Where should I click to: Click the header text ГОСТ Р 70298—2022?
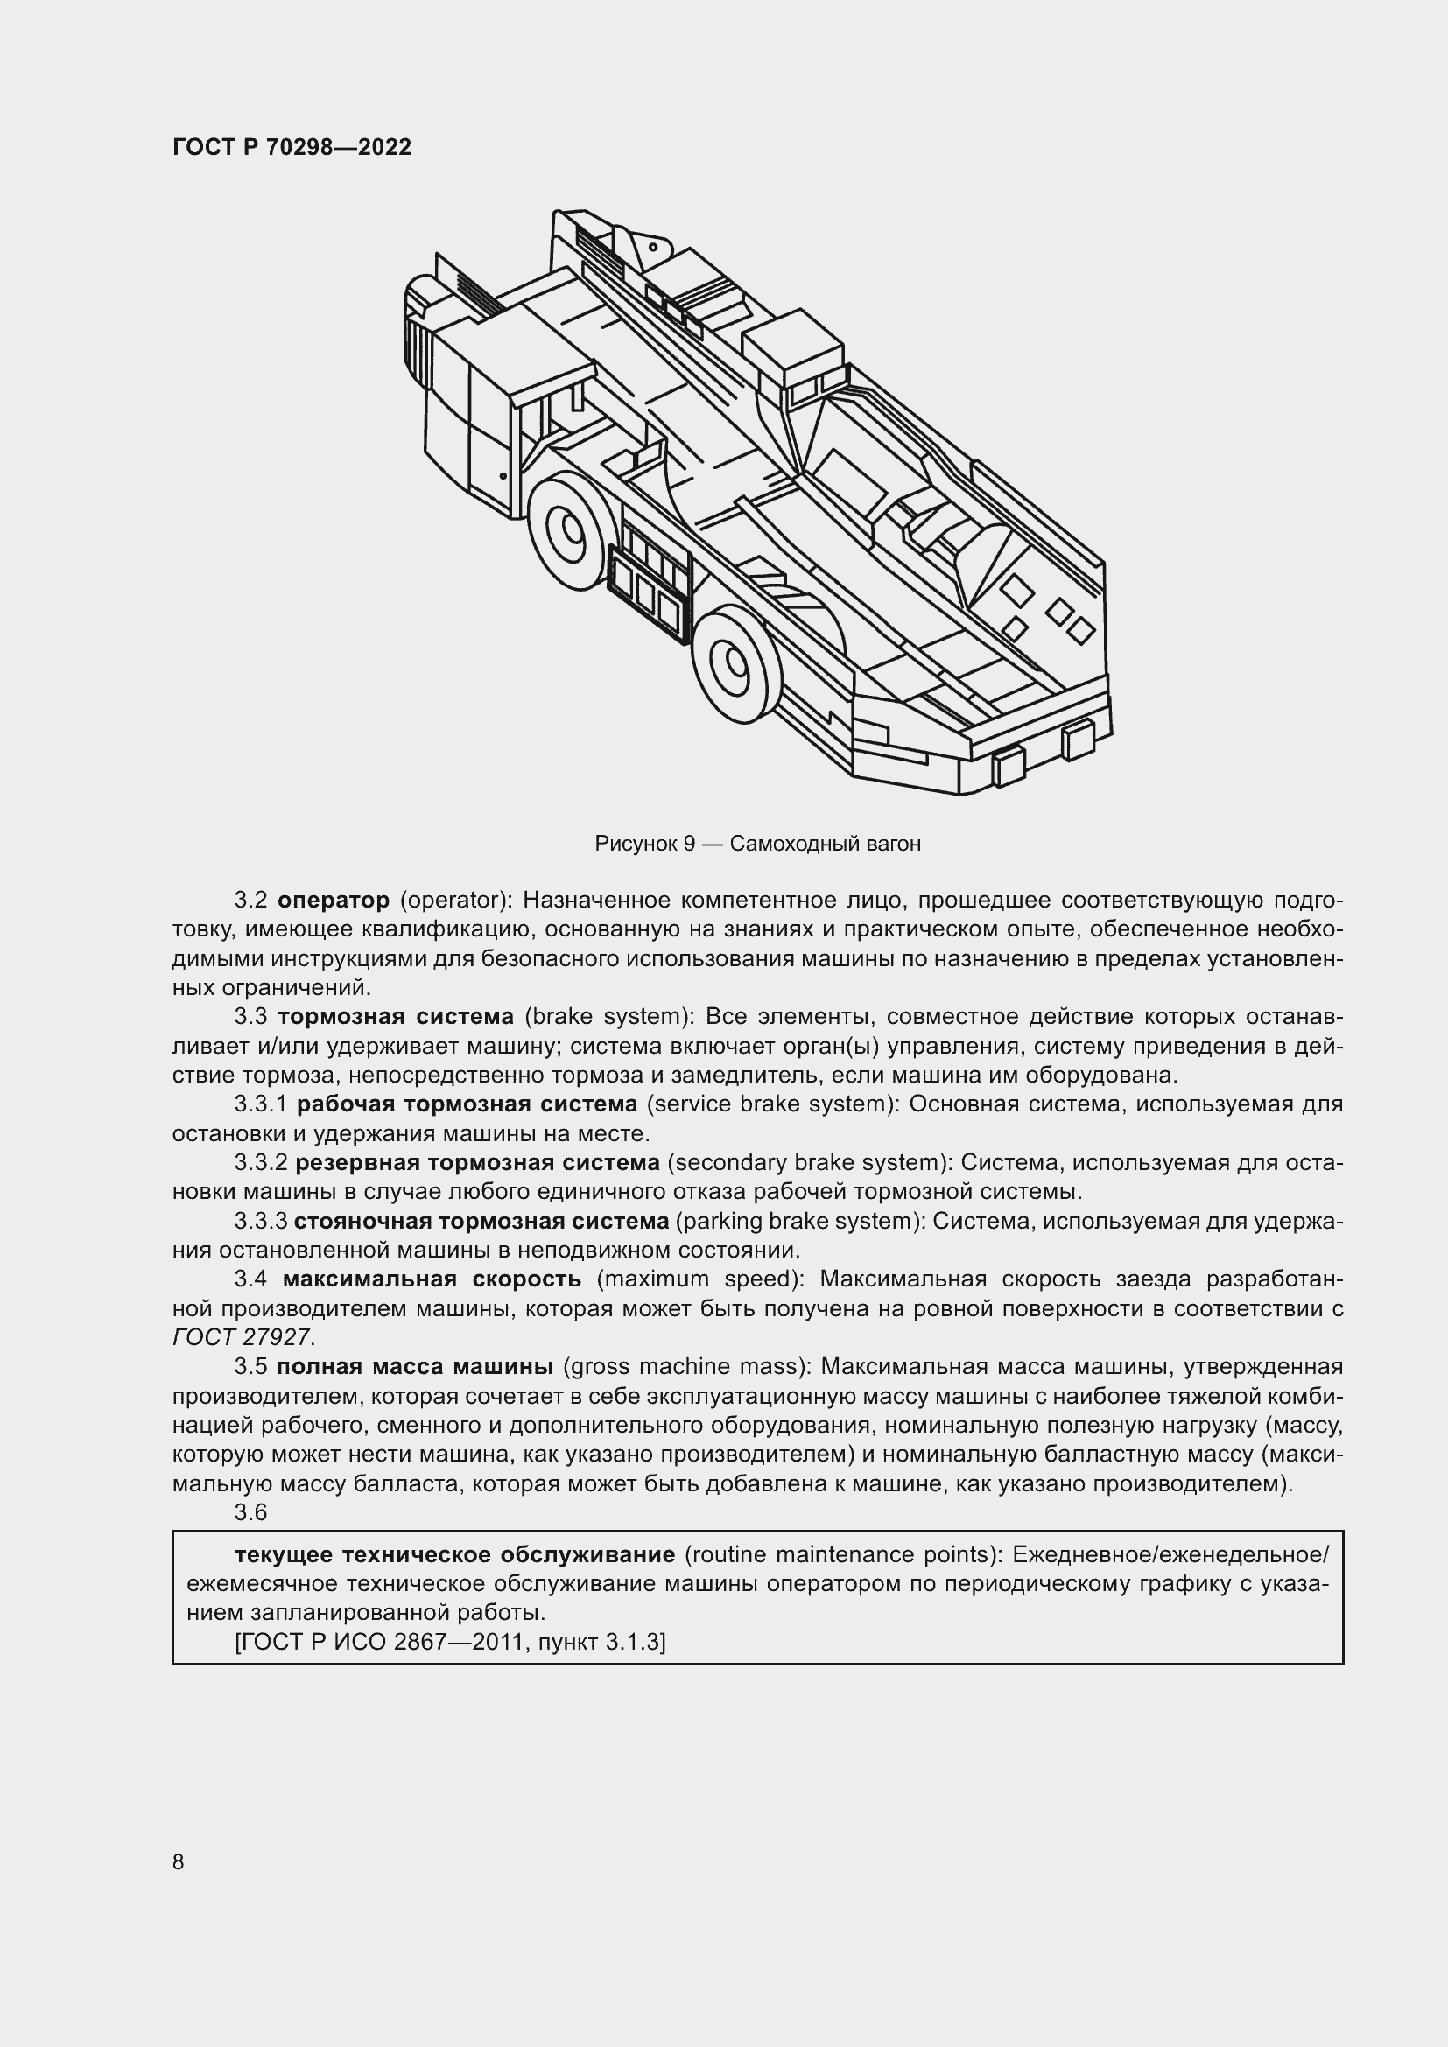coord(292,148)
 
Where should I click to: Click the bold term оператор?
coord(334,901)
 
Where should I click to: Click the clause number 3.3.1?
coord(260,1104)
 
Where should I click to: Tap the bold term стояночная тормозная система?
coord(481,1222)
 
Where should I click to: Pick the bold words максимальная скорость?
coord(432,1279)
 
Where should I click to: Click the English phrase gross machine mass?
coord(684,1367)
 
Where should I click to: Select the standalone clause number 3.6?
coord(250,1513)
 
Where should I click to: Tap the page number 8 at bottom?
coord(179,1862)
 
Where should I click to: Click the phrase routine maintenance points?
coord(842,1556)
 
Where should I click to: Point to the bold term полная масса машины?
coord(416,1367)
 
